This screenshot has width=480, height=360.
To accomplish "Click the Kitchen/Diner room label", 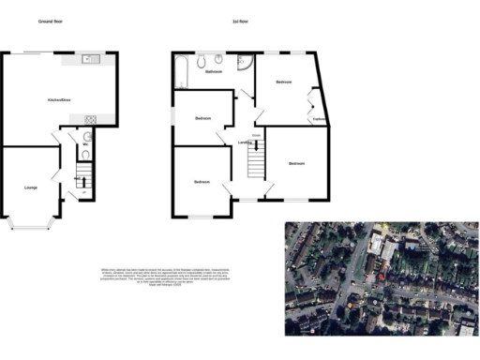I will click(x=61, y=99).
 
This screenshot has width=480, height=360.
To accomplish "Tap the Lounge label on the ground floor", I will click(x=32, y=188).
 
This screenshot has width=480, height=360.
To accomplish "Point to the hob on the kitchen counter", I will click(x=91, y=118).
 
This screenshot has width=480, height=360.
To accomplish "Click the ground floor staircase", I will click(x=82, y=177).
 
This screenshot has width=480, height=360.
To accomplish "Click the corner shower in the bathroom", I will click(x=243, y=63).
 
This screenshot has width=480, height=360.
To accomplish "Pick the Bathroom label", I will click(x=215, y=71).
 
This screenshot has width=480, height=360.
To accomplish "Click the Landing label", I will click(x=246, y=142).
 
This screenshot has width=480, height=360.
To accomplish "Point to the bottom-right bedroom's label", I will click(x=296, y=164).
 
